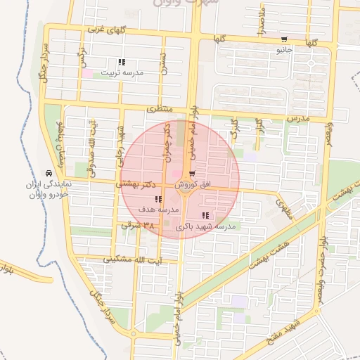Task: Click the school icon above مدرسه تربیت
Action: pyautogui.click(x=122, y=62)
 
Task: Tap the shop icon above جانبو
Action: pyautogui.click(x=283, y=40)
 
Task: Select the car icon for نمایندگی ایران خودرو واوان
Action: pyautogui.click(x=48, y=172)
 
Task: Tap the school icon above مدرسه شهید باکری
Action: pyautogui.click(x=205, y=215)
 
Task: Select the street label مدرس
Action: pyautogui.click(x=298, y=118)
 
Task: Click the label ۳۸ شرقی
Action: pyautogui.click(x=137, y=226)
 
